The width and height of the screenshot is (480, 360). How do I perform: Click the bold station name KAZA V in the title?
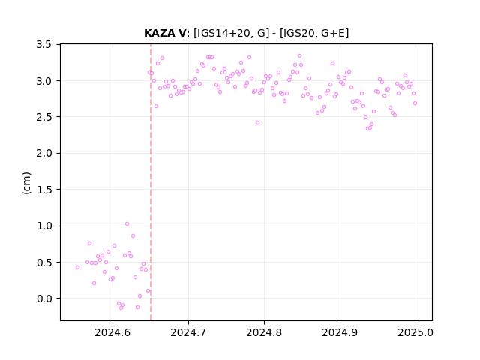pyautogui.click(x=165, y=33)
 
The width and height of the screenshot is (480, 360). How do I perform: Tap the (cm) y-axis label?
pyautogui.click(x=26, y=183)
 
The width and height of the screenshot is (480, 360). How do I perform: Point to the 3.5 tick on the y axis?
pyautogui.click(x=43, y=45)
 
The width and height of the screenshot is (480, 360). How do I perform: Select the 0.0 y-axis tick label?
pyautogui.click(x=43, y=298)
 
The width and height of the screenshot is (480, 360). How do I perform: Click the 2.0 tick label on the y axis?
pyautogui.click(x=43, y=153)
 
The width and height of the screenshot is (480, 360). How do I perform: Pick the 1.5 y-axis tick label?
pyautogui.click(x=43, y=190)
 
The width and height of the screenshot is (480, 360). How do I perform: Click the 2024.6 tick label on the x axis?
pyautogui.click(x=112, y=332)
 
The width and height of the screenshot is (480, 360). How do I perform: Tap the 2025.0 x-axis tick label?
pyautogui.click(x=415, y=332)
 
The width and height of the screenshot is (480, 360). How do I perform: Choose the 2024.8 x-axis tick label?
pyautogui.click(x=264, y=332)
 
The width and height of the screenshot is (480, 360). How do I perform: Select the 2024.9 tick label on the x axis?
pyautogui.click(x=340, y=332)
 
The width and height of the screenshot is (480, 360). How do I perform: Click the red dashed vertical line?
pyautogui.click(x=151, y=182)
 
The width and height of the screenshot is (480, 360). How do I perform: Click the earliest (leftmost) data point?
pyautogui.click(x=78, y=268)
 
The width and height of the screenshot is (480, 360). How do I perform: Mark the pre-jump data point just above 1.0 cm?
pyautogui.click(x=127, y=224)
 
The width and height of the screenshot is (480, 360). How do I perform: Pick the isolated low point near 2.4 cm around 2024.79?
pyautogui.click(x=258, y=123)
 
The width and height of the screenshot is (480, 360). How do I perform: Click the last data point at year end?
pyautogui.click(x=415, y=103)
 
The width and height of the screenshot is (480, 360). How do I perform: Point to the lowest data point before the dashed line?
pyautogui.click(x=121, y=307)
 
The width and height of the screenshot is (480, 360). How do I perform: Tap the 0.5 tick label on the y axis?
pyautogui.click(x=43, y=262)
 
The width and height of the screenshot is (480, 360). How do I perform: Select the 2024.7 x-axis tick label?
pyautogui.click(x=188, y=332)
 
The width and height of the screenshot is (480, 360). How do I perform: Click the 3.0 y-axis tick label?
pyautogui.click(x=43, y=81)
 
